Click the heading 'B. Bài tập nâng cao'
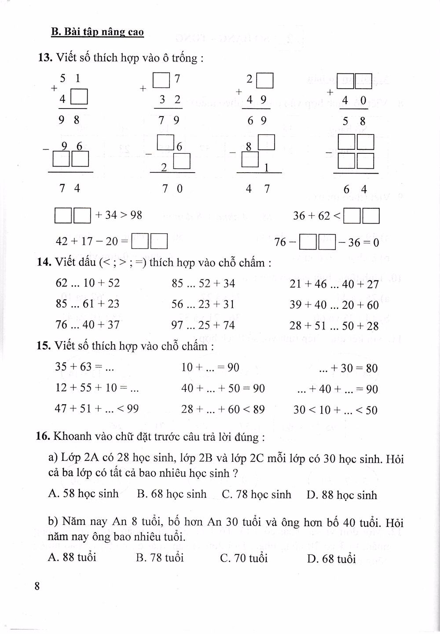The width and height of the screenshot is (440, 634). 97,32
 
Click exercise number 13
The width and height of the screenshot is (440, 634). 45,58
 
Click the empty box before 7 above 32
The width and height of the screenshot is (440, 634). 161,80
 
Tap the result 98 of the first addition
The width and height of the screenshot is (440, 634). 70,120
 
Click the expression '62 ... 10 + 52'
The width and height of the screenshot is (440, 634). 88,283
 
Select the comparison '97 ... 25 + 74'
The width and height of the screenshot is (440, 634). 203,325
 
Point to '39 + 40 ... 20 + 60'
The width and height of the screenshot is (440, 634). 334,304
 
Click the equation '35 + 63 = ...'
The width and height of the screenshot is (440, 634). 84,366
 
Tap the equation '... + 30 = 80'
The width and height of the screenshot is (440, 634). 348,368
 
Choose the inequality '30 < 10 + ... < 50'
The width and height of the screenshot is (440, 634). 335,410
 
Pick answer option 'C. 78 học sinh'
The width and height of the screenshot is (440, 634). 257,494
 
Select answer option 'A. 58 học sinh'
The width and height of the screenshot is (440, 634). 83,493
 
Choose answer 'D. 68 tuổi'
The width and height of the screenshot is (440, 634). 331,559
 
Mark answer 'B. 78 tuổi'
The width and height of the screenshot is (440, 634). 160,558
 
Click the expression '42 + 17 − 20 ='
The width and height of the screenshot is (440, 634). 92,241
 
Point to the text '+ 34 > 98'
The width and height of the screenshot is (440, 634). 118,215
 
